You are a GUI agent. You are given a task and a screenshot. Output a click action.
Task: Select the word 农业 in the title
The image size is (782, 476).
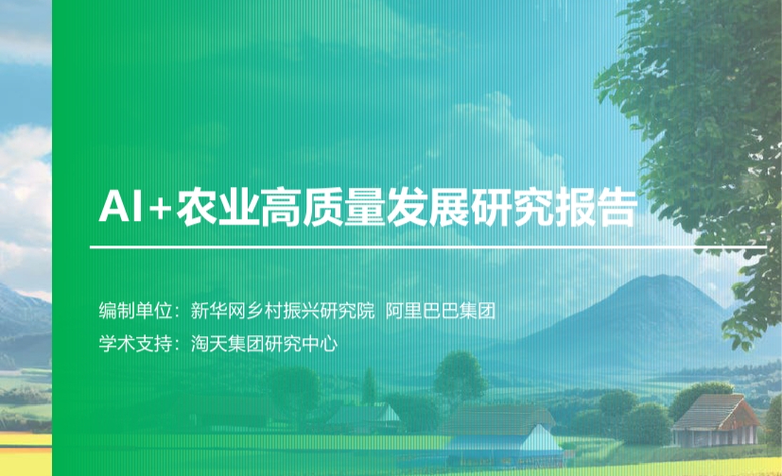pos(217,206)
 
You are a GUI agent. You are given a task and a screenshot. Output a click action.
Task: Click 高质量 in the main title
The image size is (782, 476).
pos(321,206)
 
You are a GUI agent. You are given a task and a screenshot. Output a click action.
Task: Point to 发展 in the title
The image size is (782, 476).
pos(427,206)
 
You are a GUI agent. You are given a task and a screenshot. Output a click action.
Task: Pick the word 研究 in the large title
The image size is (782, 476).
pos(512,206)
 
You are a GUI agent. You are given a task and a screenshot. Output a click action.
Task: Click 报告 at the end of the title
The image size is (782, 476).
pos(596,206)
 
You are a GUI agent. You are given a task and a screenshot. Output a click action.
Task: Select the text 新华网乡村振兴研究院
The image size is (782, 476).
pos(283,311)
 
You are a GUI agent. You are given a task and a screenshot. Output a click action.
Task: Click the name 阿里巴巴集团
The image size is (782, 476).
pos(441,311)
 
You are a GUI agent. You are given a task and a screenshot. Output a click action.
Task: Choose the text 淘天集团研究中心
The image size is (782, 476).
pos(265,344)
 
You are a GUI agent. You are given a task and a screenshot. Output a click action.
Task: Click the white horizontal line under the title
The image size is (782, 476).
pos(428,246)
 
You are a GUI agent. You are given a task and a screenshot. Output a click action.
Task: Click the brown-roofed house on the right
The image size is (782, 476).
pos(717,419)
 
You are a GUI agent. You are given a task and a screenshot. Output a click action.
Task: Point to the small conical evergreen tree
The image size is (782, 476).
pos(369,386)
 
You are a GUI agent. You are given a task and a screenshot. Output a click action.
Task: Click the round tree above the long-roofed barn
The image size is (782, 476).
pos(459,376)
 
